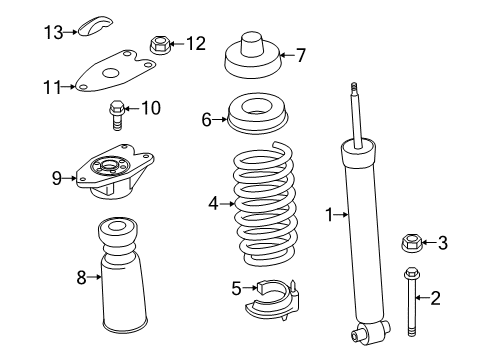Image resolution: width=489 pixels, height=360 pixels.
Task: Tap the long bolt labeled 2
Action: (412, 300)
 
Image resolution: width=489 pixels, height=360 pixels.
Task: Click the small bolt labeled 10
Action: (118, 113)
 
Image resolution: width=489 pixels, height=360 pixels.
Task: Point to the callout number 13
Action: (53, 32)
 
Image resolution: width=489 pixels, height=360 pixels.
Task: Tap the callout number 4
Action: (213, 204)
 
